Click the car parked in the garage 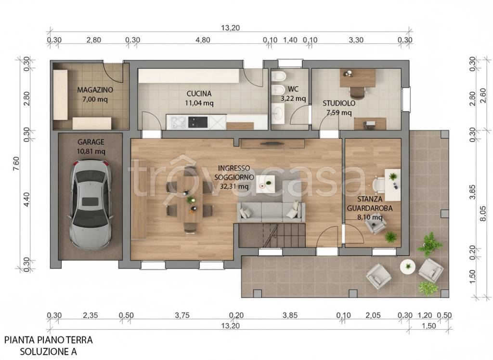[91, 204]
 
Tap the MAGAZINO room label [95, 90]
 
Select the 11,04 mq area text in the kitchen [199, 103]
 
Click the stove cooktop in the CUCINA [198, 122]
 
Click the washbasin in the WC [278, 113]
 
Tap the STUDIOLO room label [339, 103]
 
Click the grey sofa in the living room [271, 212]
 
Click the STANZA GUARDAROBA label [370, 203]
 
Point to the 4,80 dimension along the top [203, 40]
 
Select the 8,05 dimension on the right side [483, 213]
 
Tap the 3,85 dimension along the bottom [289, 315]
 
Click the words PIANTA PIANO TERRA [49, 340]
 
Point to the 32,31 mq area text [234, 187]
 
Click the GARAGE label [91, 142]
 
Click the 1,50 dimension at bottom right [429, 326]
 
